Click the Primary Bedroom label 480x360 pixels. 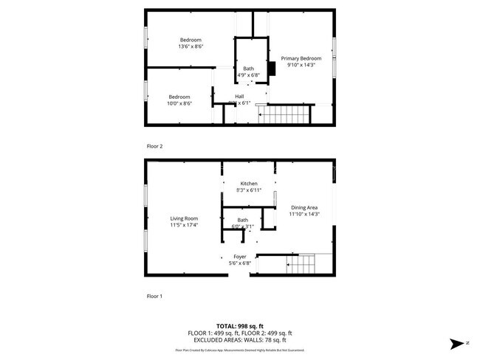301,58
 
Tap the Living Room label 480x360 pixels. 185,218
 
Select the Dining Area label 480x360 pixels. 304,207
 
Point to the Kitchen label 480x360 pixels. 248,183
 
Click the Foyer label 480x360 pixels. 241,256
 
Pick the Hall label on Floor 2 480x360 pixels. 239,96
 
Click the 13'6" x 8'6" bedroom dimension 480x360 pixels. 191,46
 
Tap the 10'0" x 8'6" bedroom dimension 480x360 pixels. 179,103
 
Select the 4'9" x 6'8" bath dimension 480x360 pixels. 248,75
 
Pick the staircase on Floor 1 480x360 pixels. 300,263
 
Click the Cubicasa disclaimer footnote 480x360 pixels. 239,350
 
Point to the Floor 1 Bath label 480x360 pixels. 243,220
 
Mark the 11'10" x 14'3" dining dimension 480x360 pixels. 304,214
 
